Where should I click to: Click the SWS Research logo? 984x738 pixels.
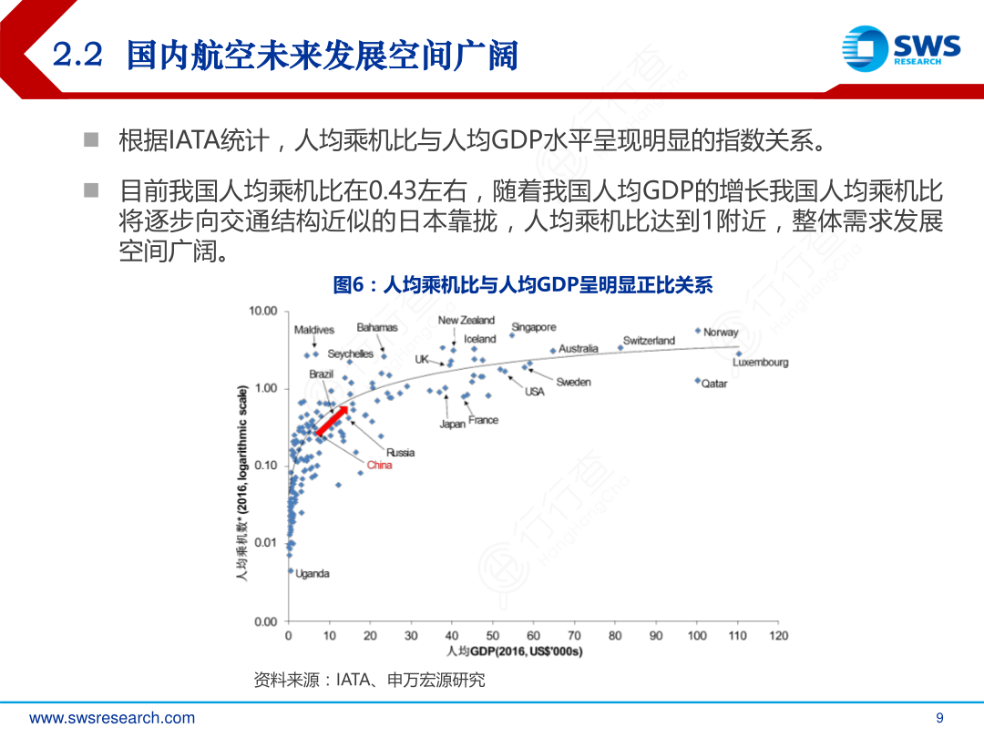coord(900,47)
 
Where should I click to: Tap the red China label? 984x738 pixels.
coord(379,466)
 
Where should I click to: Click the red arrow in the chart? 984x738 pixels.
coord(333,422)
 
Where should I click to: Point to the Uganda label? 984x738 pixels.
coord(313,574)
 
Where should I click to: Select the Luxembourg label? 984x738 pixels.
coord(761,363)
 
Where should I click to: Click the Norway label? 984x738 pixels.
coord(721,333)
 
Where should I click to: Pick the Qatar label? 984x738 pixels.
coord(714,384)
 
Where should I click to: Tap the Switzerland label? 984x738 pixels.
coord(649,341)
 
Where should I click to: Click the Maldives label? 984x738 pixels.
coord(314,330)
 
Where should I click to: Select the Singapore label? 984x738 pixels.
coord(533,327)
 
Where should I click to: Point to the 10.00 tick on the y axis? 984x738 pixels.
coord(262,312)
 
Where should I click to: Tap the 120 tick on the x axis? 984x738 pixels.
coord(778,636)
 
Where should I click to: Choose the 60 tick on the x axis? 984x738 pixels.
coord(533,636)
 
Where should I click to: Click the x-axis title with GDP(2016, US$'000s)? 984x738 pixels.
coord(515,651)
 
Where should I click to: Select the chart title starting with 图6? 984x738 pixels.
coord(522,285)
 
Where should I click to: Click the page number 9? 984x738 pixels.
coord(940,718)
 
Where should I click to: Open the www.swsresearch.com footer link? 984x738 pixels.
coord(112,718)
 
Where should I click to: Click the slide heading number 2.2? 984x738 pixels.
coord(80,56)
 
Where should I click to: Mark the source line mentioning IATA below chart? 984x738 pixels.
coord(369,680)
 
